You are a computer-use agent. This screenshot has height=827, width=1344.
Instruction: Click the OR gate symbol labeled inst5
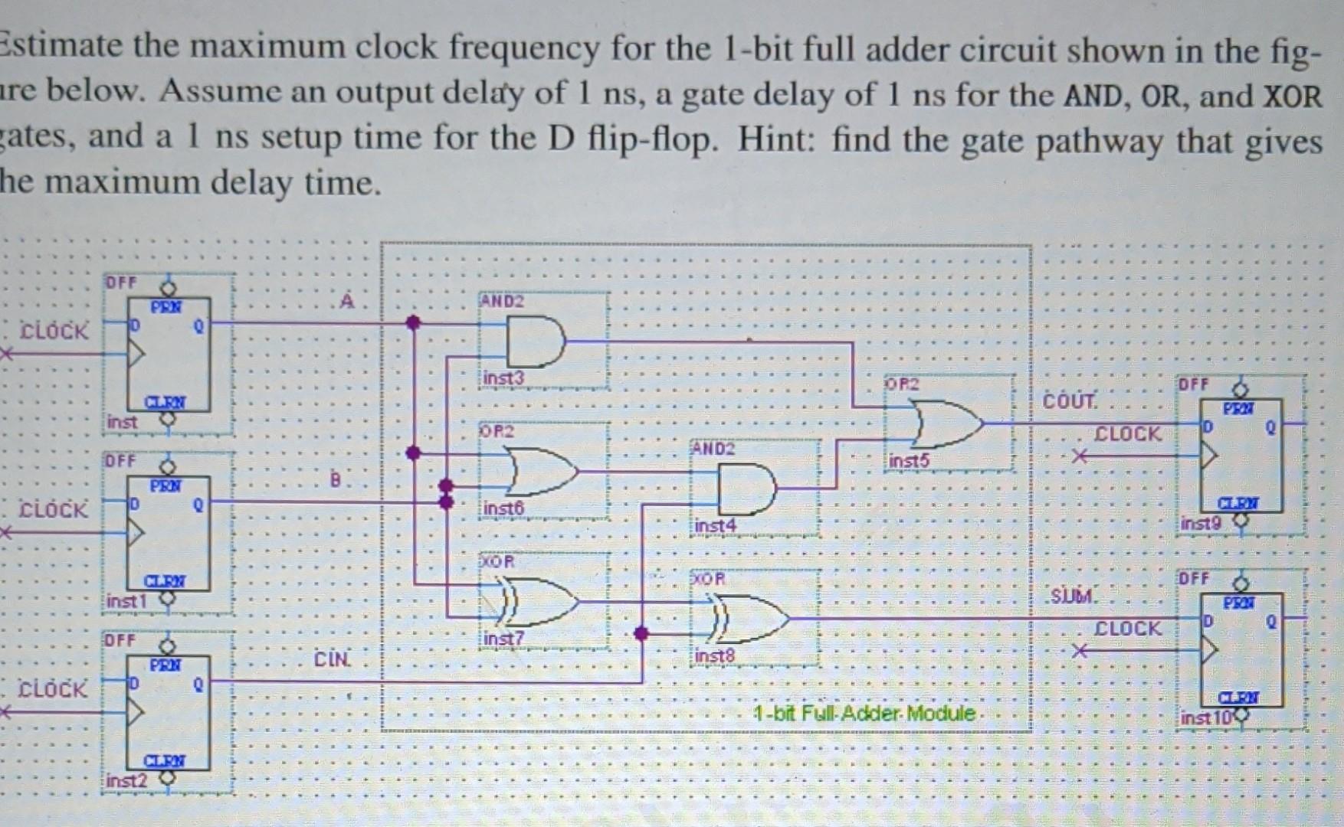pos(949,423)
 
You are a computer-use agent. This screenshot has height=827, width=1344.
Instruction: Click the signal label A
pos(347,301)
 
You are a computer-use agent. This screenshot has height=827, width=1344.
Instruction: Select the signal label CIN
pos(332,659)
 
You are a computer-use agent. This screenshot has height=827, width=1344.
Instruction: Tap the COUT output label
pos(1070,400)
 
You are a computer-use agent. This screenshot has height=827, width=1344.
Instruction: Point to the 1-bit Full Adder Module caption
pos(864,714)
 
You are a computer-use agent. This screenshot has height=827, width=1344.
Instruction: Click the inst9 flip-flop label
pos(1200,524)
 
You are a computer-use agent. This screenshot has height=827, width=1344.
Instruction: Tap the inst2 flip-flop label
pos(126,780)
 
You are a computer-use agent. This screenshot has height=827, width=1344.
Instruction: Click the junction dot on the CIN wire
pos(641,633)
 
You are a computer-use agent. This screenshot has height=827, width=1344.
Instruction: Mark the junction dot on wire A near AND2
pos(413,322)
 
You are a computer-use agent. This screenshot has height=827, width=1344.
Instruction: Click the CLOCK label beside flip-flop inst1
pos(53,510)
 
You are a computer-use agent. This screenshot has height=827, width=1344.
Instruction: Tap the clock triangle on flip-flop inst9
pos(1209,456)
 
